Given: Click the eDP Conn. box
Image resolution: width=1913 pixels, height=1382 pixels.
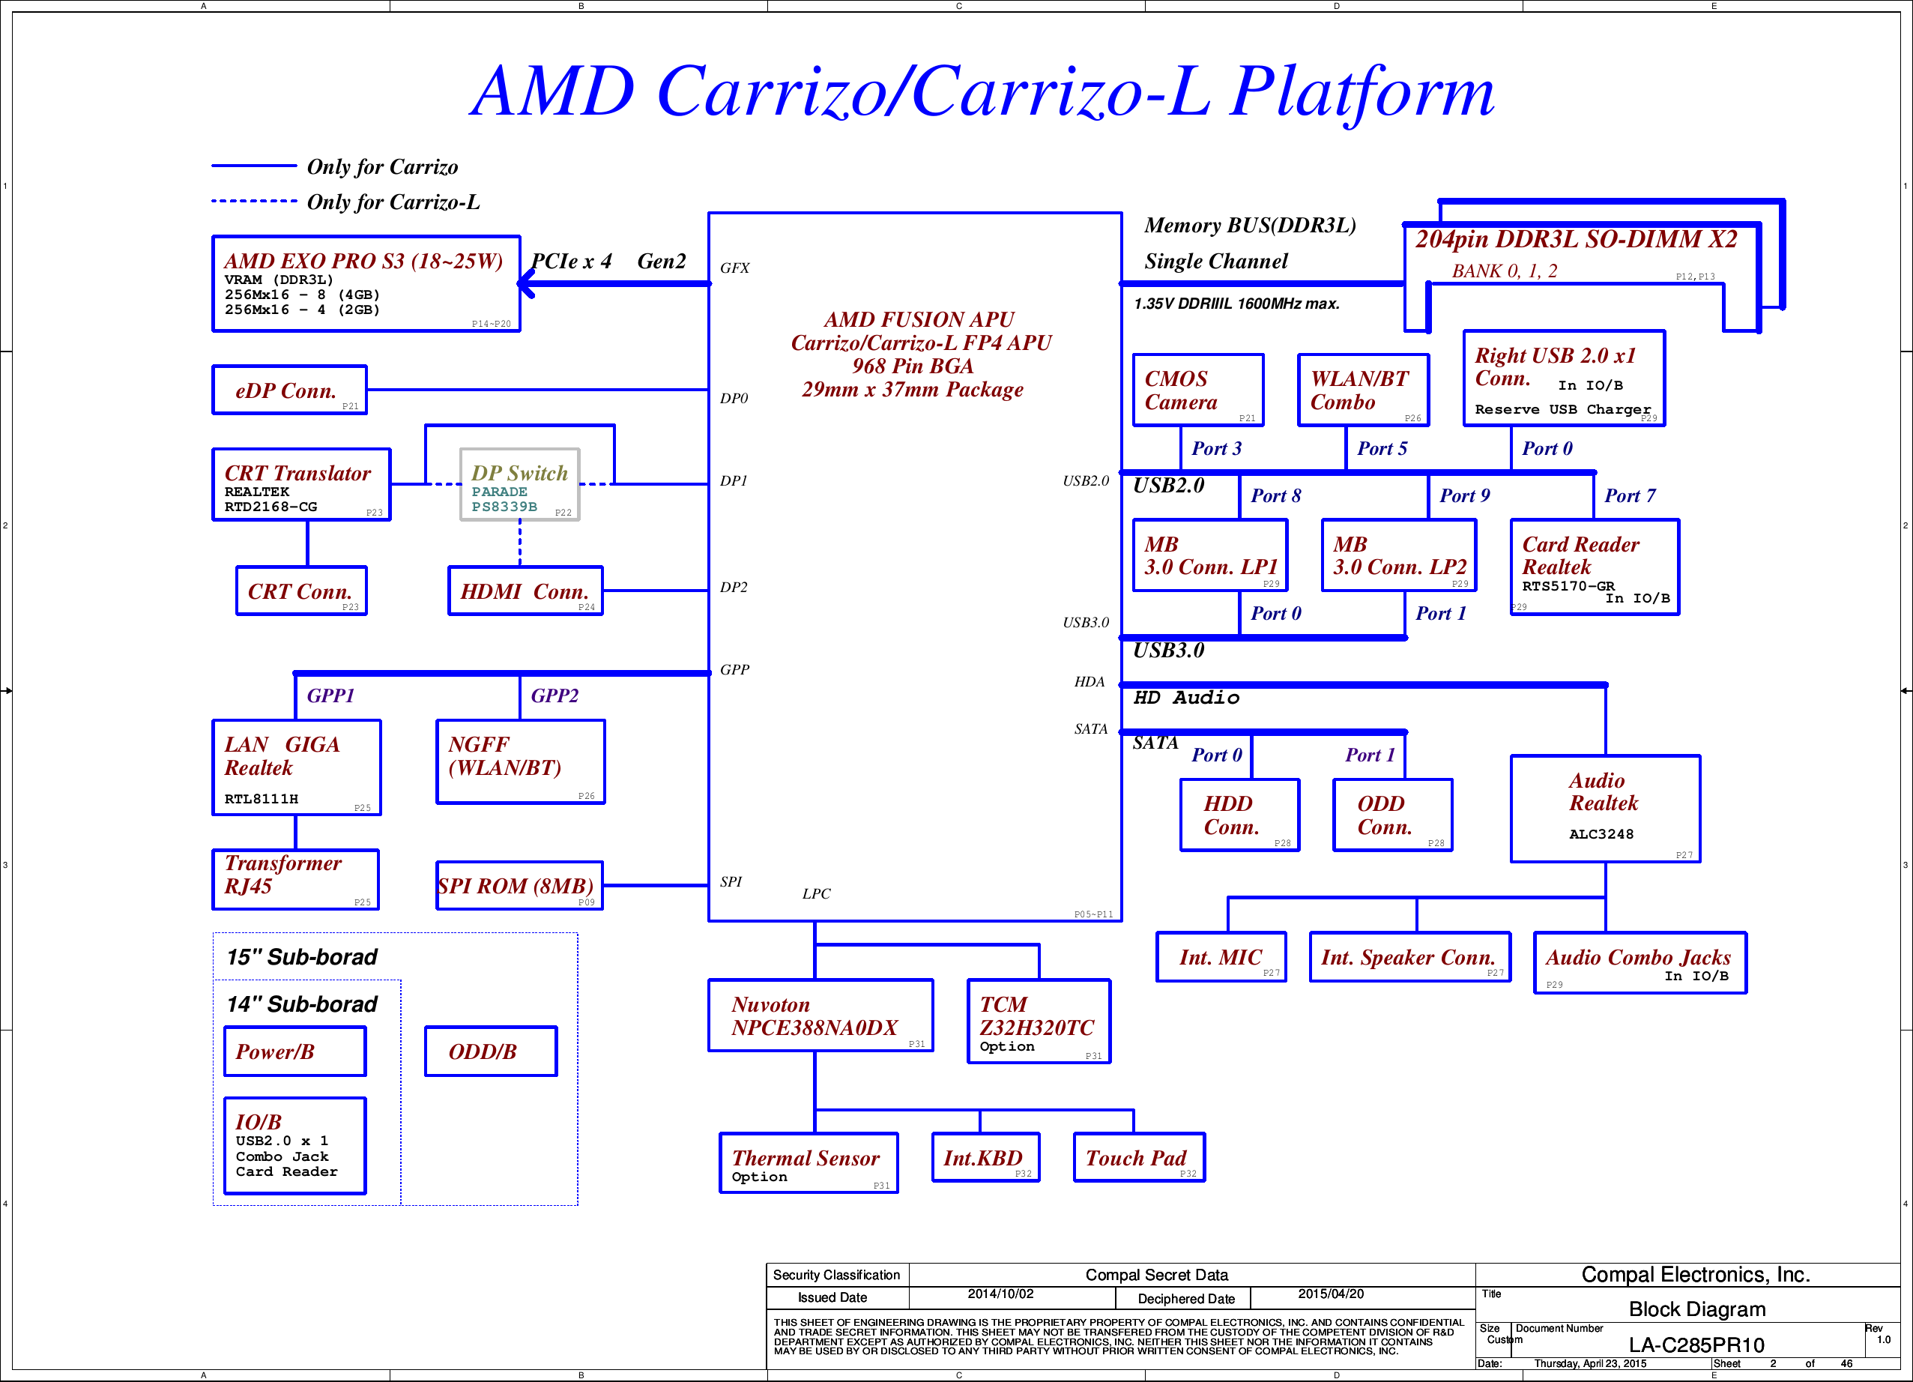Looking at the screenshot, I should (x=289, y=390).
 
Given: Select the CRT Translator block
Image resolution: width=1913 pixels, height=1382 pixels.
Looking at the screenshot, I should (x=301, y=484).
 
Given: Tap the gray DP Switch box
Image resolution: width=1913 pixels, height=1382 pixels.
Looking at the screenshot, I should (x=519, y=484).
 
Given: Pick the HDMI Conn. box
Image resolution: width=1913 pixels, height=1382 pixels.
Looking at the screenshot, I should (x=525, y=591).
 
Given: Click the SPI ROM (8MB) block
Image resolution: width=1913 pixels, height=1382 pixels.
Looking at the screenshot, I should (x=519, y=885).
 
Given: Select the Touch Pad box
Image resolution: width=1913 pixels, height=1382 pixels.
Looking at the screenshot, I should (x=1139, y=1156).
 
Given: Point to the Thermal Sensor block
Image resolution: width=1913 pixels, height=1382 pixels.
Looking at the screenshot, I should (x=808, y=1162).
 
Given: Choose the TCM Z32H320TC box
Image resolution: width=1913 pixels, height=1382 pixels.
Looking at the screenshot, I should (x=1039, y=1020).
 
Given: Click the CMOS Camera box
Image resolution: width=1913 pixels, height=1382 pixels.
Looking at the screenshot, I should (x=1197, y=390).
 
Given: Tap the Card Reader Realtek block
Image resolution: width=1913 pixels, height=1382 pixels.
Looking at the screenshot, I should (x=1595, y=567).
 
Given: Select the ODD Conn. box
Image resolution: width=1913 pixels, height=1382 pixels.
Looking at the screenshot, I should (x=1391, y=814).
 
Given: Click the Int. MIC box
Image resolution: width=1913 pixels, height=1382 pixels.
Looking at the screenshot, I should (x=1221, y=957).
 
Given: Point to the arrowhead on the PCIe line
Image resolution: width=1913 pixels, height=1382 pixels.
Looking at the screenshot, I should (x=525, y=284).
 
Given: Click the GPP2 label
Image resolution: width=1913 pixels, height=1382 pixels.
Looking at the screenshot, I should (x=554, y=695).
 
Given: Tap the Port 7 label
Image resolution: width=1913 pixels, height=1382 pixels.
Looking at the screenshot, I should (x=1630, y=495).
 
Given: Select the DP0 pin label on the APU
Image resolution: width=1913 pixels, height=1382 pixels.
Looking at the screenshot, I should (x=734, y=398).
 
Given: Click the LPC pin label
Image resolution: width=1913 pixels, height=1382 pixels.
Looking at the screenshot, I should (x=816, y=893).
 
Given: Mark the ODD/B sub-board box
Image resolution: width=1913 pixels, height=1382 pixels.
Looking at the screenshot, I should (x=490, y=1051).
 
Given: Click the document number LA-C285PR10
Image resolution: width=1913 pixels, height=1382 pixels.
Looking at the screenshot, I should (x=1696, y=1344).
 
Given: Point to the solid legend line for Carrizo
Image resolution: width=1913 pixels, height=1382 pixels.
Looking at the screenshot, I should (x=253, y=166).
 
